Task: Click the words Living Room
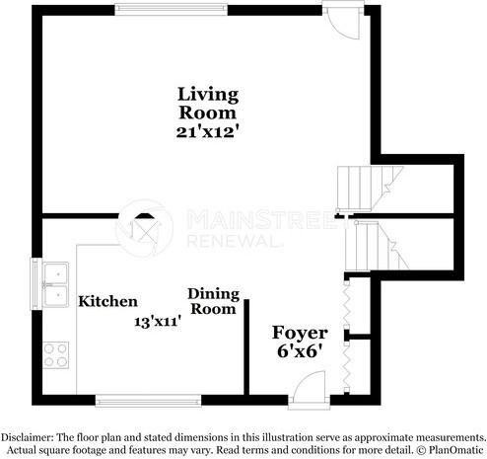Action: [x=208, y=104]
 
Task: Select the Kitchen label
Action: [x=107, y=301]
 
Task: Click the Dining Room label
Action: [x=212, y=301]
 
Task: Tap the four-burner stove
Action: [x=53, y=353]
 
